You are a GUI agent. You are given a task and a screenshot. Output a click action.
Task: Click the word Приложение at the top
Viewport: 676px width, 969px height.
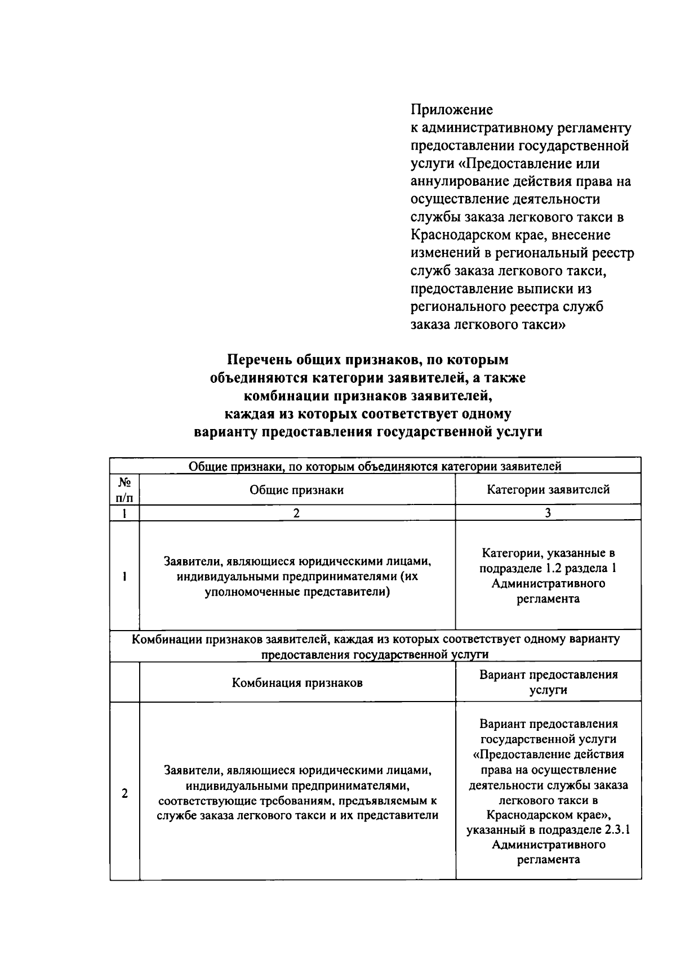(451, 109)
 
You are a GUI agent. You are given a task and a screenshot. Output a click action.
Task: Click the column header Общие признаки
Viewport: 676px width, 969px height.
(297, 490)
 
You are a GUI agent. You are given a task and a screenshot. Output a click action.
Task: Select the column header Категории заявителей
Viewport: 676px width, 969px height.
(548, 490)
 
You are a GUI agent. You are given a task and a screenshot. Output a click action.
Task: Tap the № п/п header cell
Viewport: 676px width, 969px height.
(124, 490)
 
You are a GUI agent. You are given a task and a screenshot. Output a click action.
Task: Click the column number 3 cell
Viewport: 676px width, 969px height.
(548, 513)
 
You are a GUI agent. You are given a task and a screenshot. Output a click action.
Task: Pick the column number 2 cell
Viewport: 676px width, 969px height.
(297, 513)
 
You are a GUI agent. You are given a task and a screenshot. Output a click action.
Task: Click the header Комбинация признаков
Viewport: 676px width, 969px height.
(297, 683)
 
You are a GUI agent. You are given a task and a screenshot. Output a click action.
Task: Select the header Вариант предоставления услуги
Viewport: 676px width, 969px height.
(548, 682)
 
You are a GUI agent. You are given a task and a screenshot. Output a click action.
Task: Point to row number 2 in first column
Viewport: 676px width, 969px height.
(124, 793)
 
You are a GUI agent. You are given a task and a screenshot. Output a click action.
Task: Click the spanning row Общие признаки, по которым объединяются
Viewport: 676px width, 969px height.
(375, 466)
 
